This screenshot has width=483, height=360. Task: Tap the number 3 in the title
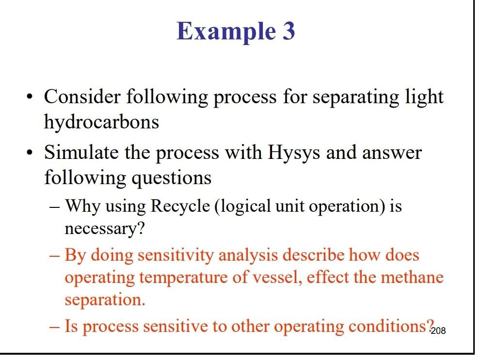click(x=288, y=31)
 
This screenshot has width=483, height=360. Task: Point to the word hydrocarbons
click(x=101, y=122)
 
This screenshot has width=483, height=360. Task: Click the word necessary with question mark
click(x=105, y=228)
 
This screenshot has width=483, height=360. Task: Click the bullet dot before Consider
click(x=31, y=97)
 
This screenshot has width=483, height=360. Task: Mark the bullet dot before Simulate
click(x=31, y=154)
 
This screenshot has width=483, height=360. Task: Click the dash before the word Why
click(x=55, y=207)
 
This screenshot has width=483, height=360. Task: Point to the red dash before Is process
click(x=55, y=327)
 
